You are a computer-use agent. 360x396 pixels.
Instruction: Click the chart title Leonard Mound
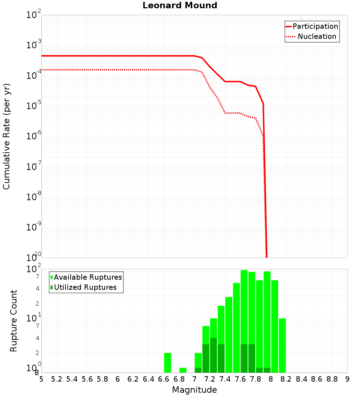180,6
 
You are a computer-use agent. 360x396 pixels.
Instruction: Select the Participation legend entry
315,27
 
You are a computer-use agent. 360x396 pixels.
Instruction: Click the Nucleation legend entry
316,37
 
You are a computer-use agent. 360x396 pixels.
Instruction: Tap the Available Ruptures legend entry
87,277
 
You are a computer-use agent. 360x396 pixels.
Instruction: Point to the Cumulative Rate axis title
6,136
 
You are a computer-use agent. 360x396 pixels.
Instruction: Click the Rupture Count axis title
14,321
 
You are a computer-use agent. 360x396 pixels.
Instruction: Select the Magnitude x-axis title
194,390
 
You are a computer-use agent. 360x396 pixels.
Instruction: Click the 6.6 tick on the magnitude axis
164,379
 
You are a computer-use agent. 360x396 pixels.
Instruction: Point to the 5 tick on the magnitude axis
41,379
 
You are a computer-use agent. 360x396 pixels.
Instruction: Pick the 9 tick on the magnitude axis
347,379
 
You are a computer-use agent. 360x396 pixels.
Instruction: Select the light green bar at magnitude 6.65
167,363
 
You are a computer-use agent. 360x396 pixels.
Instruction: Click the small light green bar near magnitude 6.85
183,370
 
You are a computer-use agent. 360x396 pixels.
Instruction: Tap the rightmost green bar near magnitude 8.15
282,346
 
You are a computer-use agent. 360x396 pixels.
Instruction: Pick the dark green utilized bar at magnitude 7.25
213,355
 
